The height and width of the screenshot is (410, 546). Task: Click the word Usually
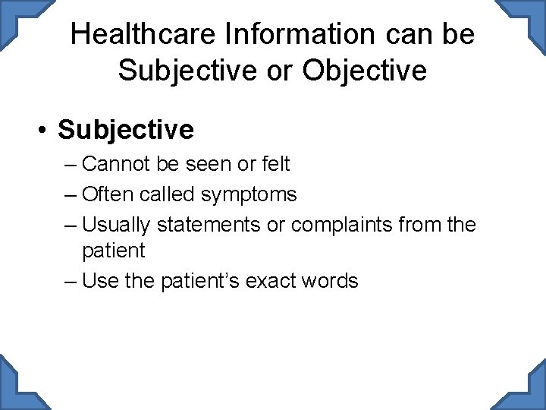point(116,225)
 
